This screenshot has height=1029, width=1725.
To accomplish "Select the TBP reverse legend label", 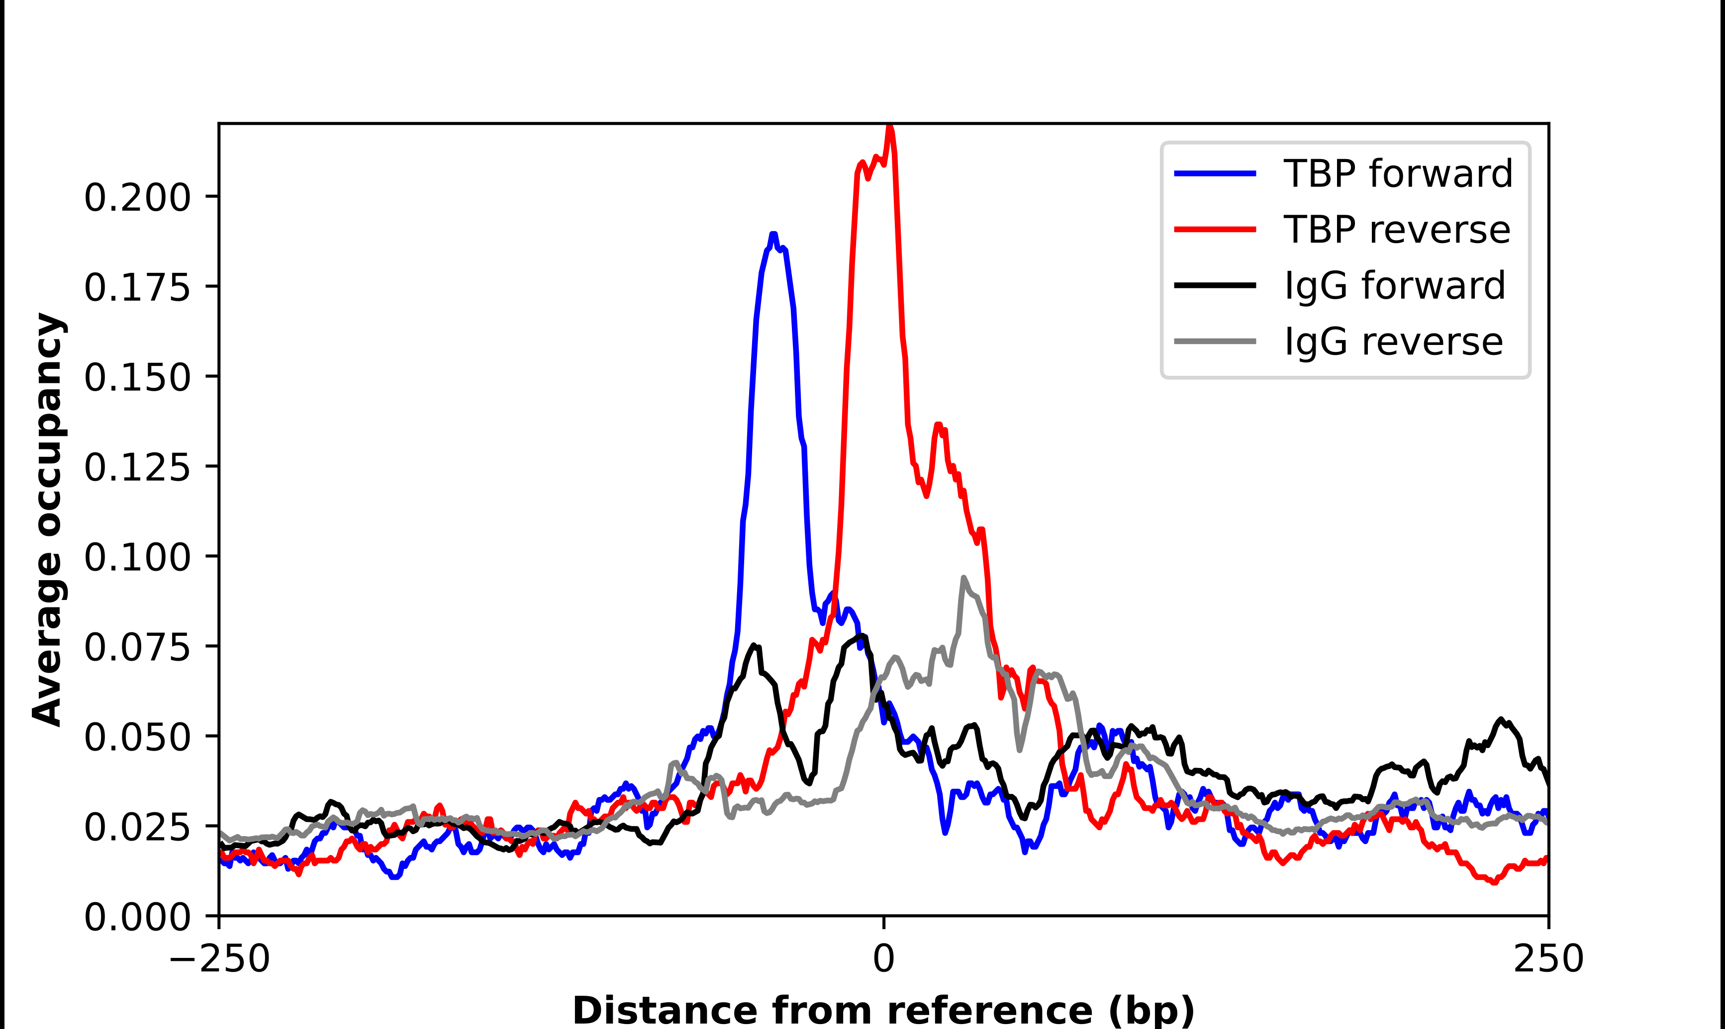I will click(x=1396, y=230).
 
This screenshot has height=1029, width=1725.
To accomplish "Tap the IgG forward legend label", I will click(x=1394, y=286).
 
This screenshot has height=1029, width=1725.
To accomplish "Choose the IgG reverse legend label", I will click(x=1393, y=342).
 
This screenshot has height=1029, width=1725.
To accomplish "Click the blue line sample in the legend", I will click(x=1215, y=173).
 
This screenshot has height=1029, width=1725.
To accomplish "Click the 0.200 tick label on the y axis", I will click(x=137, y=198).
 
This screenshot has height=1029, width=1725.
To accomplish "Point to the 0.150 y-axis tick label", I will click(x=137, y=377).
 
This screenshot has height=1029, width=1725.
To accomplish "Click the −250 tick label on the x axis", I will click(x=219, y=959).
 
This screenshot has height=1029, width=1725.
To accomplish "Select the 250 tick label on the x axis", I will click(x=1548, y=959).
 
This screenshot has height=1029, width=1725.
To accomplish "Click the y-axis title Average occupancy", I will click(x=49, y=519).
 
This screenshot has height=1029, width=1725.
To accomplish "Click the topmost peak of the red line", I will click(x=889, y=127).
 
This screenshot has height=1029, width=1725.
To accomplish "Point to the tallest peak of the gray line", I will click(x=963, y=578).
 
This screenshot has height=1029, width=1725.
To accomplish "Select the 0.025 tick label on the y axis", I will click(x=137, y=827).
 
